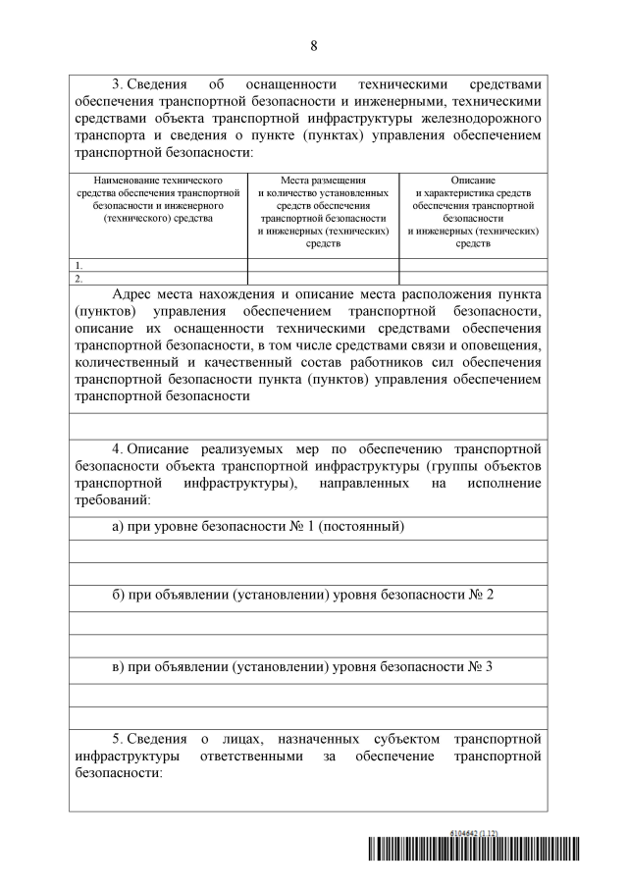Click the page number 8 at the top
pos(314,46)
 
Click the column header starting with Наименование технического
pos(158,199)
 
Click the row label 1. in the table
pos(79,265)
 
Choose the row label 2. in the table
pos(79,278)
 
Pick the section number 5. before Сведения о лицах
pos(118,737)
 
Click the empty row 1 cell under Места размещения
pos(323,265)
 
